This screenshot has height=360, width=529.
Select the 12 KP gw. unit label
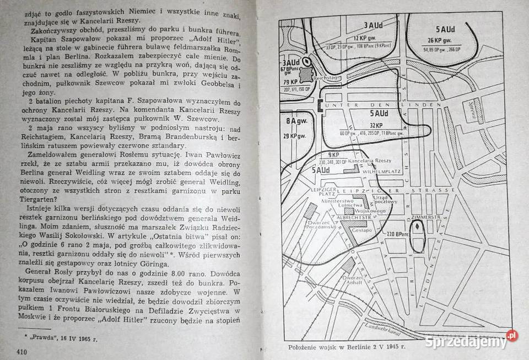click(x=364, y=38)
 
